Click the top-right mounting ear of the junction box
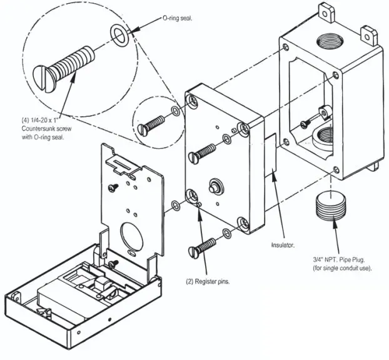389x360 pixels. point(371,32)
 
